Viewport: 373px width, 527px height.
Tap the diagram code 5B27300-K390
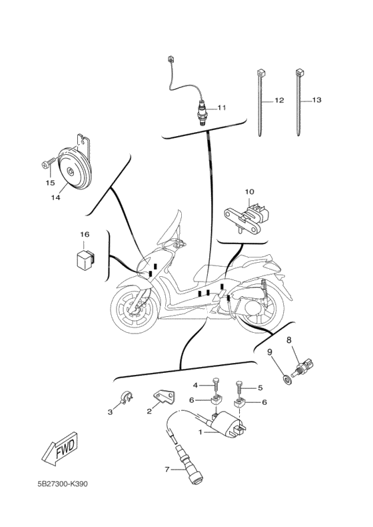tap(63, 484)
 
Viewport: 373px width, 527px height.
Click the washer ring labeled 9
tap(287, 380)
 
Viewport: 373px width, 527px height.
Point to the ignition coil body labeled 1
tap(228, 424)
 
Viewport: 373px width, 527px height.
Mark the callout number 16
tap(85, 234)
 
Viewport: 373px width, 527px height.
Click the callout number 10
tap(249, 192)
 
